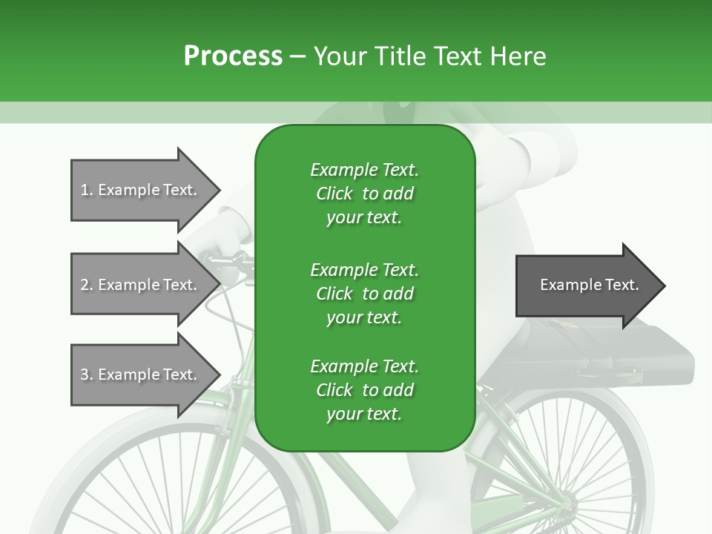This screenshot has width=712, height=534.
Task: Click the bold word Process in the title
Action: coord(233,56)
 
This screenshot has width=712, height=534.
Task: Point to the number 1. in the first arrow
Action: coord(87,190)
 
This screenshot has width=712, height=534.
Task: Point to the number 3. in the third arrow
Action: coord(87,375)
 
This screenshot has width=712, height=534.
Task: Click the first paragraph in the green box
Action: coord(364,194)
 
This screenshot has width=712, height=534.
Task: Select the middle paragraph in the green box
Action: coord(364,294)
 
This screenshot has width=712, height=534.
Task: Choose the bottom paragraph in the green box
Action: coord(364,390)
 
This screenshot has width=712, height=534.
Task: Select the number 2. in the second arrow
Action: coord(87,285)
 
